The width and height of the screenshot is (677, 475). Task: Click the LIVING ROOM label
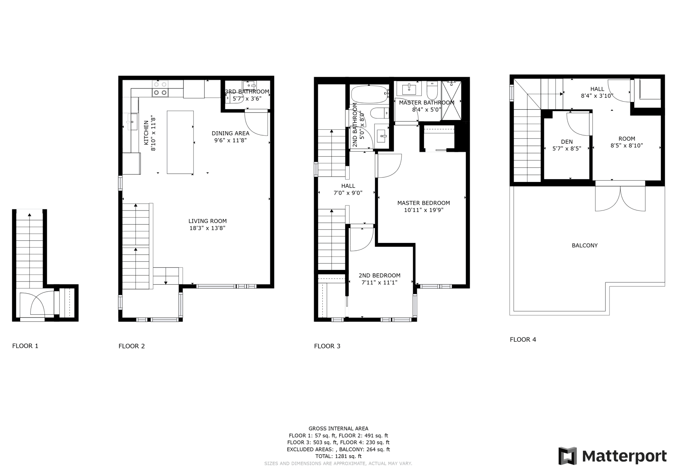click(x=207, y=221)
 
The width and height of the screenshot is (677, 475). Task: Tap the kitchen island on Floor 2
click(x=180, y=142)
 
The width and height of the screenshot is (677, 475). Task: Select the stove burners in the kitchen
click(x=160, y=88)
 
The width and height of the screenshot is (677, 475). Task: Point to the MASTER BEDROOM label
click(x=424, y=203)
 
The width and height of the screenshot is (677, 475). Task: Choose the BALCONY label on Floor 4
click(x=585, y=245)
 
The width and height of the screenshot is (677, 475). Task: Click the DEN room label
click(x=567, y=142)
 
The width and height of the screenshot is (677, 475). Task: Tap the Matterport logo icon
click(x=567, y=456)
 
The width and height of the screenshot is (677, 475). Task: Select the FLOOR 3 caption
click(x=327, y=346)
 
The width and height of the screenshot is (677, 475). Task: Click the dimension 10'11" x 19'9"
click(x=424, y=210)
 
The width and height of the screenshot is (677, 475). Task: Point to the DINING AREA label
click(x=230, y=133)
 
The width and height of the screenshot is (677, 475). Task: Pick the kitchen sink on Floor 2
click(x=132, y=121)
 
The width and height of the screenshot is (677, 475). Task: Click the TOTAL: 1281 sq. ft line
click(x=338, y=456)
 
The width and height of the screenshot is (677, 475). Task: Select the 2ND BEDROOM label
click(x=379, y=275)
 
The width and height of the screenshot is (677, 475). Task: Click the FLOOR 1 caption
click(x=25, y=346)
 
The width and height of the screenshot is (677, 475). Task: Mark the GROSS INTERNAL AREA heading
click(x=338, y=429)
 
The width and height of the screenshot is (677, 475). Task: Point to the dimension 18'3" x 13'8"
click(x=207, y=228)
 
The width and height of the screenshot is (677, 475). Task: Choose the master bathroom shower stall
click(x=452, y=101)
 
